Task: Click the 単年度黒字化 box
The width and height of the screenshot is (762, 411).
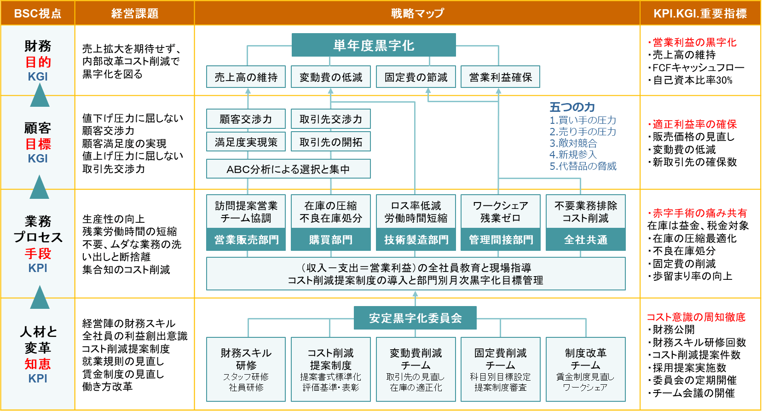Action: tap(374, 45)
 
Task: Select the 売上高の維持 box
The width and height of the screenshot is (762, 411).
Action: tap(246, 77)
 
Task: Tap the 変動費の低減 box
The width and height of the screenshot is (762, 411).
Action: tap(331, 77)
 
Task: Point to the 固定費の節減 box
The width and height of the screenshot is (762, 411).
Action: tap(416, 77)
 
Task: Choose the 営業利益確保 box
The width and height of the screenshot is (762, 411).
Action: tap(500, 77)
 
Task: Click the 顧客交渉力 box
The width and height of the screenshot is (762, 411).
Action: tap(246, 119)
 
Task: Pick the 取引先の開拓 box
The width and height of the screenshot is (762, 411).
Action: tap(331, 142)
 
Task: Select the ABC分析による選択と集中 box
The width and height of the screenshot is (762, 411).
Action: tap(288, 169)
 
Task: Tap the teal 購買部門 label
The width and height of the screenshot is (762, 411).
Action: tap(331, 240)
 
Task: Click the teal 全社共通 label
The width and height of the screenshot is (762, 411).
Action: tap(585, 240)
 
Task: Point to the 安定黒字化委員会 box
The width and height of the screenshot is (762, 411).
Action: tap(415, 318)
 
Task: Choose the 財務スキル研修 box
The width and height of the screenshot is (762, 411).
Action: tap(246, 369)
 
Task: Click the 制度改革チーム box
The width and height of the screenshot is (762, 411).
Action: tap(585, 369)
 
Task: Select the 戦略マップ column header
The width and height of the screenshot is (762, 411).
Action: tap(417, 13)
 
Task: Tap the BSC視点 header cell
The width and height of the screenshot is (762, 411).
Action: tap(38, 13)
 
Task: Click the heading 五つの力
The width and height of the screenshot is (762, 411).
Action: tap(572, 107)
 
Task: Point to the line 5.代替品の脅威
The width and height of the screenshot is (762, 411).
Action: tap(583, 166)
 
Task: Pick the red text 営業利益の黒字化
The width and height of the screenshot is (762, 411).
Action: tap(694, 42)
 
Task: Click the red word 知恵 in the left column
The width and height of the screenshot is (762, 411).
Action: tap(38, 364)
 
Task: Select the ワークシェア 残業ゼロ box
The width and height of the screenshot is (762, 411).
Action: tap(500, 211)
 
